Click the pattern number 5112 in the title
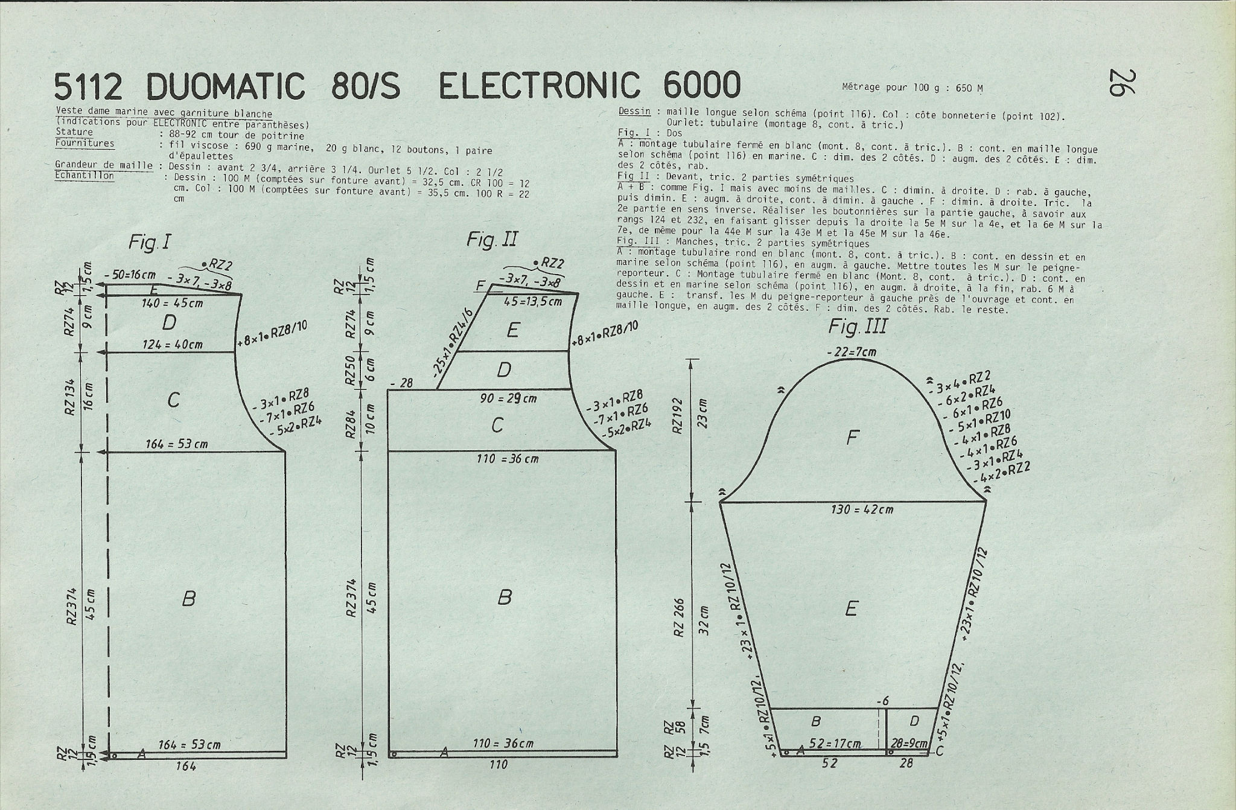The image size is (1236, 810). coord(89,86)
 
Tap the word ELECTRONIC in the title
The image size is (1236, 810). coord(538,85)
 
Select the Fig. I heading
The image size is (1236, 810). coord(149,243)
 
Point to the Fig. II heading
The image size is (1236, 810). coord(492,240)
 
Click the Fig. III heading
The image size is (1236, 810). coord(858,327)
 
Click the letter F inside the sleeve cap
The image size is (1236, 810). coord(852,437)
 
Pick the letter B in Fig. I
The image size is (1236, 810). coord(189,598)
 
